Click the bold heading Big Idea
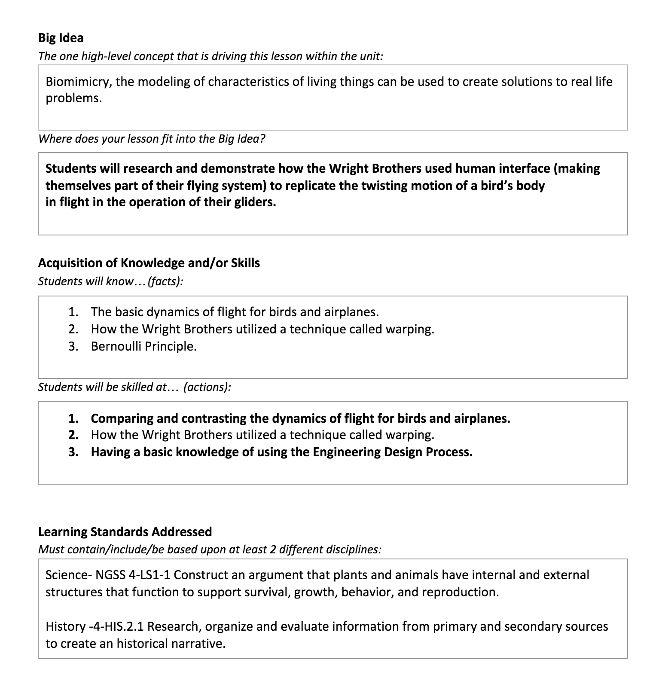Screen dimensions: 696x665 pyautogui.click(x=61, y=38)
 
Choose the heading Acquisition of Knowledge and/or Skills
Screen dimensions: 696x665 pyautogui.click(x=149, y=263)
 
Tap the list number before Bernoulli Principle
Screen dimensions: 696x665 pyautogui.click(x=73, y=346)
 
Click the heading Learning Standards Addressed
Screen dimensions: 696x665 pyautogui.click(x=125, y=532)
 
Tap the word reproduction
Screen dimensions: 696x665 pyautogui.click(x=460, y=592)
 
